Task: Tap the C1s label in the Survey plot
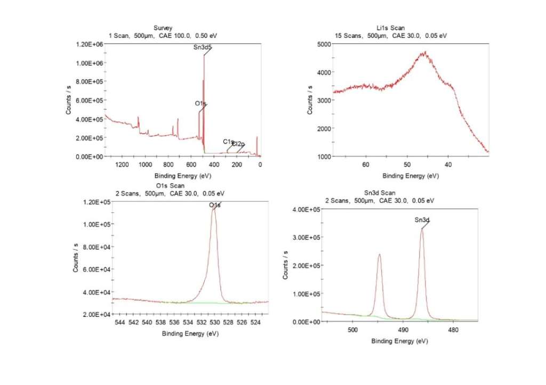228,142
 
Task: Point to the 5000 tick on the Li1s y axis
318,44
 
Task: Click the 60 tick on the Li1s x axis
366,165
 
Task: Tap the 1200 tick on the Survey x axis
122,165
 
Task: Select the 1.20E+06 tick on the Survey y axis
89,44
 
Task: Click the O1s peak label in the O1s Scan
214,205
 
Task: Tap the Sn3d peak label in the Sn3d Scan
422,219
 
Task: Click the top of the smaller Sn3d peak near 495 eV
379,254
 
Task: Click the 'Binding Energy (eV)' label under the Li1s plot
410,175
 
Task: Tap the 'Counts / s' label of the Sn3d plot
286,265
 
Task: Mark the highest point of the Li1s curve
425,52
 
